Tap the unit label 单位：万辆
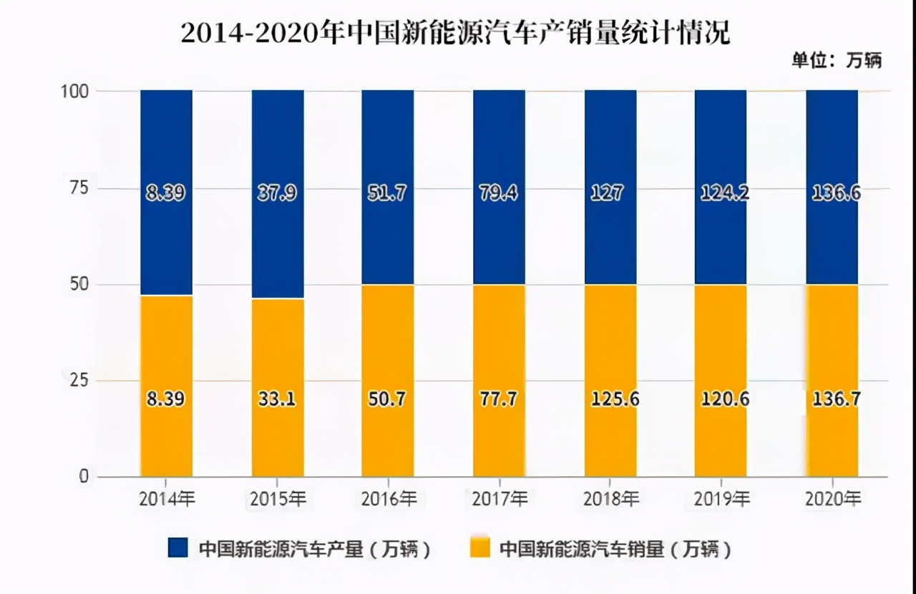(836, 61)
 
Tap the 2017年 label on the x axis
(499, 500)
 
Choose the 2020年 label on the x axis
(832, 500)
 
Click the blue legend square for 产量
(177, 548)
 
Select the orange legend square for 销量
(479, 548)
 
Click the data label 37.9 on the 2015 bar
(278, 193)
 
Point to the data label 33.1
(278, 399)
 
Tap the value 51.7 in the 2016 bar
(388, 193)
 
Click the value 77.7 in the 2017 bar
(499, 399)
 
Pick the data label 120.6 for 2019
(721, 399)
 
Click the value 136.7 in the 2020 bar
(832, 399)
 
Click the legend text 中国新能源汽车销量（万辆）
(615, 549)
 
